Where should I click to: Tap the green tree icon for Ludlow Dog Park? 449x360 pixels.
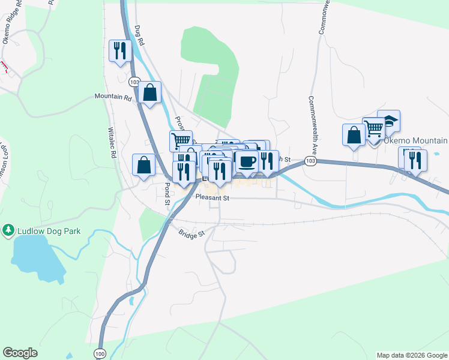[8, 230]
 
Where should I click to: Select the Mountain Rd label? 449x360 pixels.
[112, 96]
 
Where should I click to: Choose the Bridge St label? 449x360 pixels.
[191, 232]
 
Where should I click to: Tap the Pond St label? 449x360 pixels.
[167, 194]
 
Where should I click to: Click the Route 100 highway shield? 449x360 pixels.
[100, 355]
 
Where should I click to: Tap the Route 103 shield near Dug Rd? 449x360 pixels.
[134, 81]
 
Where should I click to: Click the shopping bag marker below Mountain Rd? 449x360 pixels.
[149, 92]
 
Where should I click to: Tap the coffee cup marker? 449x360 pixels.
[246, 161]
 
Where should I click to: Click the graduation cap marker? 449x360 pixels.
[388, 121]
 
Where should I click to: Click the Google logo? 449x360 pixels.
[20, 353]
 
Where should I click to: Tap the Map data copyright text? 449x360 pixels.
[412, 355]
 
